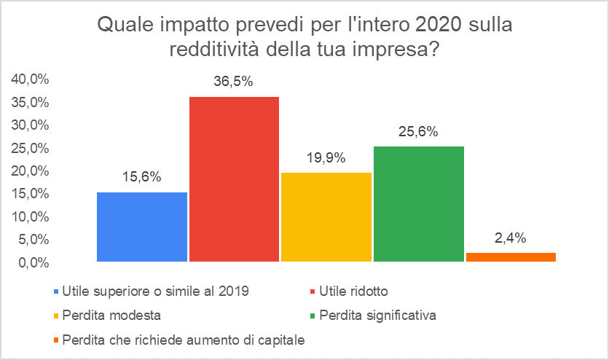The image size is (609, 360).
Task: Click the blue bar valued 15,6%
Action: click(x=142, y=226)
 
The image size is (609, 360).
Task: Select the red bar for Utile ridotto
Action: click(x=234, y=179)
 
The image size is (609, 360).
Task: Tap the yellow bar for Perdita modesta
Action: click(x=326, y=216)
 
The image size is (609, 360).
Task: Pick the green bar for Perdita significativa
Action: click(x=418, y=203)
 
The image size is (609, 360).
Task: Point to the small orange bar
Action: click(x=510, y=257)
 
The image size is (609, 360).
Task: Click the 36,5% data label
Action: click(x=233, y=82)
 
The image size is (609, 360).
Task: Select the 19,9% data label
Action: click(x=326, y=158)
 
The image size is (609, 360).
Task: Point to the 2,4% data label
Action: click(x=510, y=238)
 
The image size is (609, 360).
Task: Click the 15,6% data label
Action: click(x=141, y=177)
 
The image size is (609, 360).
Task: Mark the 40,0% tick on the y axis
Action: click(x=29, y=79)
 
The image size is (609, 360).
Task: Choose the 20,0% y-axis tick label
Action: click(x=29, y=171)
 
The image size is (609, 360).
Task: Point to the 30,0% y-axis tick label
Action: click(x=29, y=125)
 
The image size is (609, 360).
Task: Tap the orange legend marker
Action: click(x=56, y=340)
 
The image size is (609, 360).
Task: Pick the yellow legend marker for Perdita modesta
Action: click(x=56, y=316)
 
